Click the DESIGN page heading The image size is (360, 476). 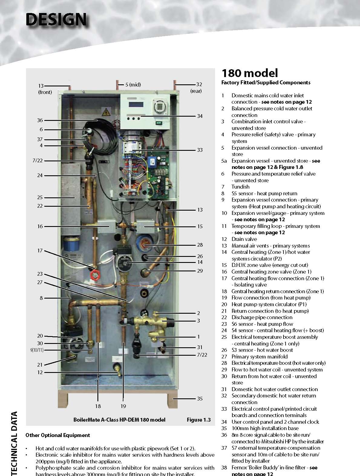[x=56, y=19]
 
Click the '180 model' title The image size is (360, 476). [x=250, y=73]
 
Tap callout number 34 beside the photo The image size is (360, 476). [x=200, y=116]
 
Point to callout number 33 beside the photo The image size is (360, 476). [x=200, y=150]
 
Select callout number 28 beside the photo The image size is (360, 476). [x=200, y=245]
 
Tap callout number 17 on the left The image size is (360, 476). [x=40, y=251]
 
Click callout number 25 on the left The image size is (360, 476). [x=40, y=197]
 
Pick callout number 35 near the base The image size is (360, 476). [x=200, y=399]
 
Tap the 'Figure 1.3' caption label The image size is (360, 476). [x=198, y=420]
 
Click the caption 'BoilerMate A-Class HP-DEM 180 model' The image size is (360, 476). [x=119, y=420]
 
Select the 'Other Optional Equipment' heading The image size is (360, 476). [x=58, y=435]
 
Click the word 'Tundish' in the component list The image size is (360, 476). [x=241, y=187]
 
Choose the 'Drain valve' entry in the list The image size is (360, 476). [x=244, y=239]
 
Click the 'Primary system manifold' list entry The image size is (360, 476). [x=260, y=357]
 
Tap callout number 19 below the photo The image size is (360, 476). [x=123, y=406]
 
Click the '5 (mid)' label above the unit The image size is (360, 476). [x=133, y=85]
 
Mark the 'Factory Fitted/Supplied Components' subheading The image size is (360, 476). [x=266, y=83]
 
